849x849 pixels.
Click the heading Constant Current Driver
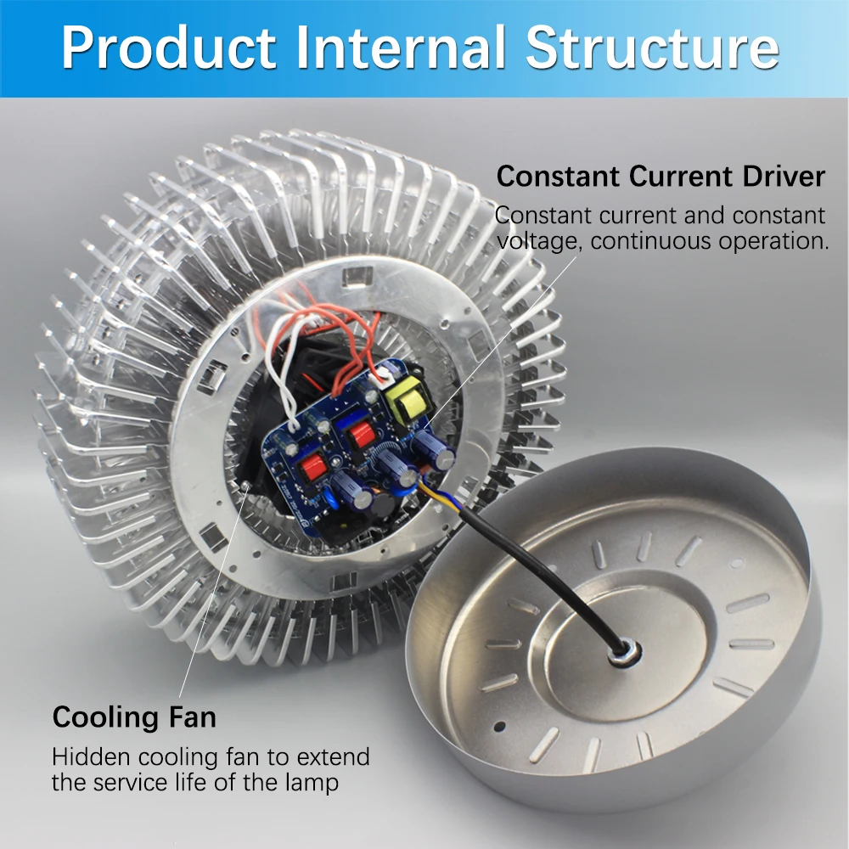pos(661,177)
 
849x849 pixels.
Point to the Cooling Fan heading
pos(134,717)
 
